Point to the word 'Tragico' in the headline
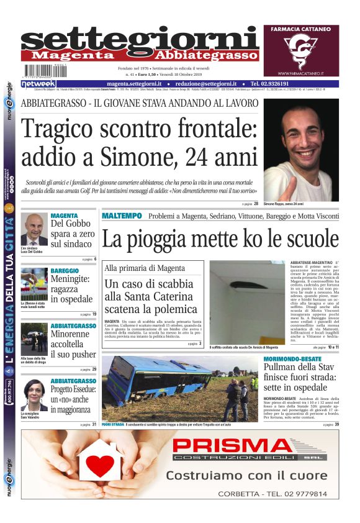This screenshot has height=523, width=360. pos(63,129)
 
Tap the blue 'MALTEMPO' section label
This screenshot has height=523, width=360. pos(122,216)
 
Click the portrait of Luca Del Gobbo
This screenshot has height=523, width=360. pos(35,230)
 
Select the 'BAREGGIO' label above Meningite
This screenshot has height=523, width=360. pos(65,271)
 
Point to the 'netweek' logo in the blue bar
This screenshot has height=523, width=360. pos(38,83)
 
